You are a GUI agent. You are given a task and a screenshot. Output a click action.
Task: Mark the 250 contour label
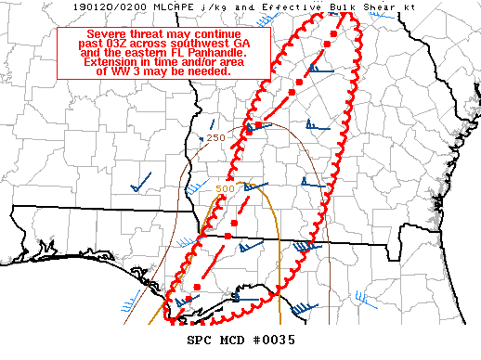tap(215, 138)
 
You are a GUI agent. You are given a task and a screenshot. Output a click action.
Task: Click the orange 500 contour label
tap(225, 189)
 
